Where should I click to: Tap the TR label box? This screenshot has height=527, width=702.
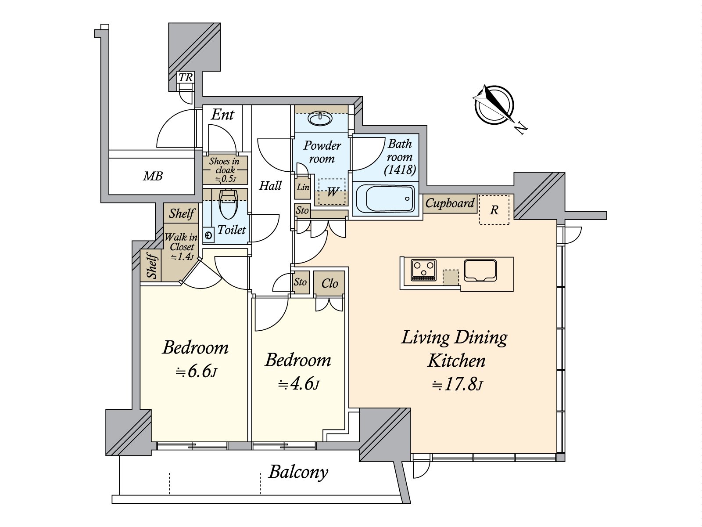(186, 78)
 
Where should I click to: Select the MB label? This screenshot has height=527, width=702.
(153, 177)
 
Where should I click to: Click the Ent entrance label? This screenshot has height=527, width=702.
(222, 115)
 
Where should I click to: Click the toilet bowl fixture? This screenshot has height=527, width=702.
(228, 205)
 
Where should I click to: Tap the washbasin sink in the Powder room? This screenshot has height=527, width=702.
(321, 118)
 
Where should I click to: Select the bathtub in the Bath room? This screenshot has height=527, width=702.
(385, 199)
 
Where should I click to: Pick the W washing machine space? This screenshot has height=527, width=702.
(332, 191)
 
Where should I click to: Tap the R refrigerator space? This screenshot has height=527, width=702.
(494, 210)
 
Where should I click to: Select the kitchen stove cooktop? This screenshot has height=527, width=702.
(423, 270)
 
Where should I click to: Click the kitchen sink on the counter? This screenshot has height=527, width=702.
(480, 270)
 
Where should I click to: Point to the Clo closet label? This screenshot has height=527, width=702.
(330, 283)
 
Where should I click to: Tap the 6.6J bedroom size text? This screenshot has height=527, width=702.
(196, 372)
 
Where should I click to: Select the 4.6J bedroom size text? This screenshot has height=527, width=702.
(298, 385)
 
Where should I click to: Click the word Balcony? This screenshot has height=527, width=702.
(298, 472)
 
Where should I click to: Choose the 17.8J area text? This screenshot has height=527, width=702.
(457, 385)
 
